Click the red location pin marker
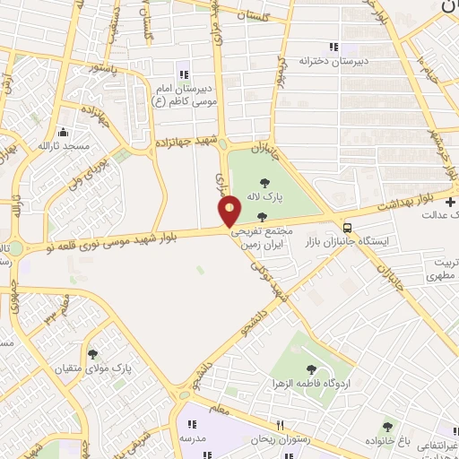click(230, 211)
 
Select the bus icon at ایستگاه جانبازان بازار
click(347, 228)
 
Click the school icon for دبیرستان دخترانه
click(333, 47)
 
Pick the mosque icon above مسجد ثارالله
click(63, 132)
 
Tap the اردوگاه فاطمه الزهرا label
click(311, 383)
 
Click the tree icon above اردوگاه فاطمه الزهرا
click(311, 368)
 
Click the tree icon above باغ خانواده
click(387, 427)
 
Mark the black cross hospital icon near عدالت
click(450, 203)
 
